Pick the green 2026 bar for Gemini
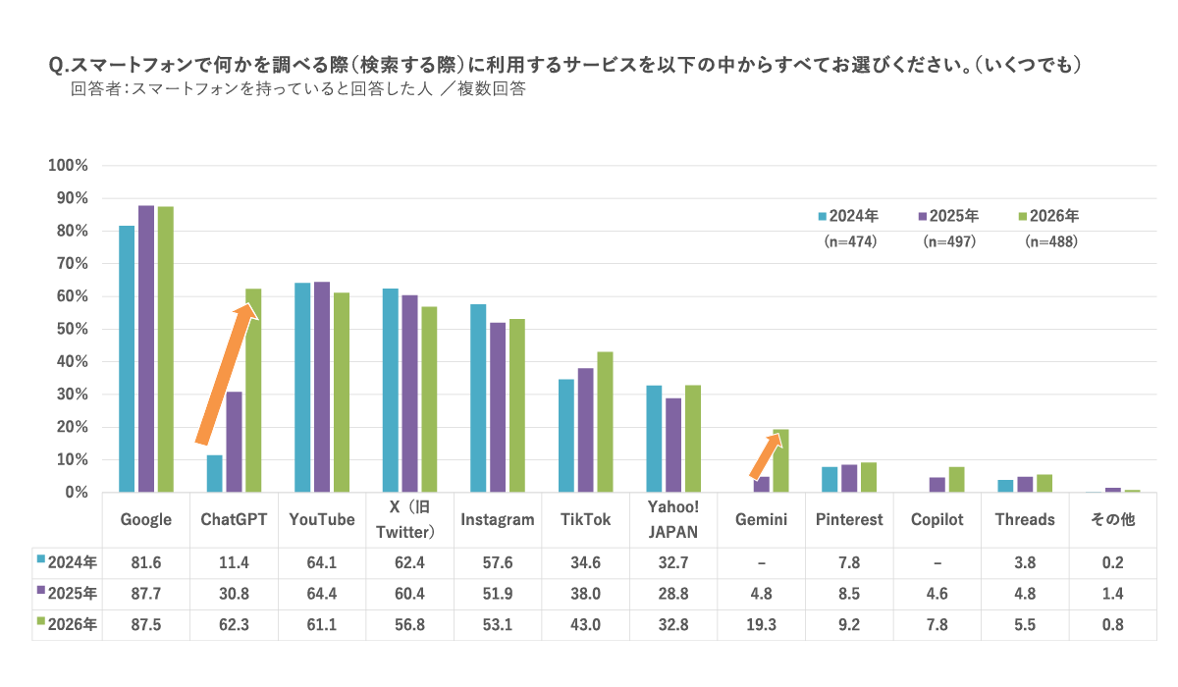[x=780, y=460]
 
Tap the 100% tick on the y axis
[x=69, y=166]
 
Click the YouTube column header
[x=322, y=519]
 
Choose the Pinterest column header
[x=849, y=519]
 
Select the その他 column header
[x=1113, y=519]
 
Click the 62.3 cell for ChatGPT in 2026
[x=234, y=625]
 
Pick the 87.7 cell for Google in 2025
[x=145, y=594]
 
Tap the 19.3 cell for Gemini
[x=762, y=625]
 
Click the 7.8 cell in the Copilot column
[x=937, y=625]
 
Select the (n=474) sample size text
[x=849, y=241]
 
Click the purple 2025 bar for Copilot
[x=937, y=485]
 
